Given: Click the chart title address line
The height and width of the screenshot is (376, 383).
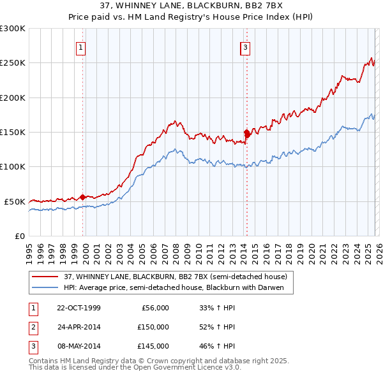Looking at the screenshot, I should tap(191, 5).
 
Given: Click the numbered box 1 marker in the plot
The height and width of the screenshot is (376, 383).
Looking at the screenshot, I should tap(82, 47).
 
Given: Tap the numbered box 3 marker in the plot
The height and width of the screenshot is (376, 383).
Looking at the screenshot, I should tap(245, 47).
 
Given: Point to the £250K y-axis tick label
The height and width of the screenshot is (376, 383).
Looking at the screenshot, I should tap(13, 63).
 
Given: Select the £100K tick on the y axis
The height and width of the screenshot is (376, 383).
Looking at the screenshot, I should tap(13, 166).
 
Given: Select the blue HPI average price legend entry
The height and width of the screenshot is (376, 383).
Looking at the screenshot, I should tap(177, 287).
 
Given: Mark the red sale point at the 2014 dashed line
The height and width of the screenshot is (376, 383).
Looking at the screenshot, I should tap(246, 133).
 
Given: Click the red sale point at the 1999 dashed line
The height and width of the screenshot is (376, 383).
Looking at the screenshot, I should tap(83, 197).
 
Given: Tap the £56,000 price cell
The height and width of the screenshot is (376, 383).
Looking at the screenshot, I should tap(153, 308).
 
